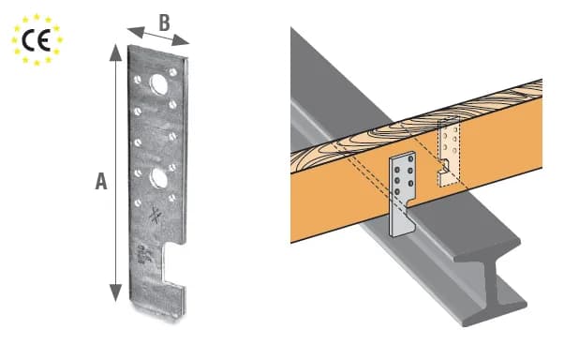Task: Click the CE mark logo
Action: click(x=37, y=40)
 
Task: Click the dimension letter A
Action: click(x=101, y=181)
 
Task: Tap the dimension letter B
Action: click(x=164, y=23)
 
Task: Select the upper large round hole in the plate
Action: click(x=158, y=84)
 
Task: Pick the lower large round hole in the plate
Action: click(x=158, y=178)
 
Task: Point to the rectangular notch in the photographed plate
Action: click(x=173, y=263)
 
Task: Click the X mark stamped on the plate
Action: click(x=155, y=215)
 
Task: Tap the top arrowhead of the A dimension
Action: click(x=115, y=52)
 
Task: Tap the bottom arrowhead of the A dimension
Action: click(x=115, y=292)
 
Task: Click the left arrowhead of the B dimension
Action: click(x=136, y=32)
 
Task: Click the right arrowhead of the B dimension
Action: click(x=181, y=40)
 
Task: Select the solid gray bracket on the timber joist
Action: click(x=403, y=194)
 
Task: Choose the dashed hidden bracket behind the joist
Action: click(x=448, y=153)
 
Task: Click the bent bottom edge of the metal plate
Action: click(x=156, y=310)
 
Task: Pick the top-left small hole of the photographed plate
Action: click(x=137, y=79)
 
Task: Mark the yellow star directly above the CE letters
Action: click(x=37, y=17)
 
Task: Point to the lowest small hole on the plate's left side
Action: click(x=138, y=203)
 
